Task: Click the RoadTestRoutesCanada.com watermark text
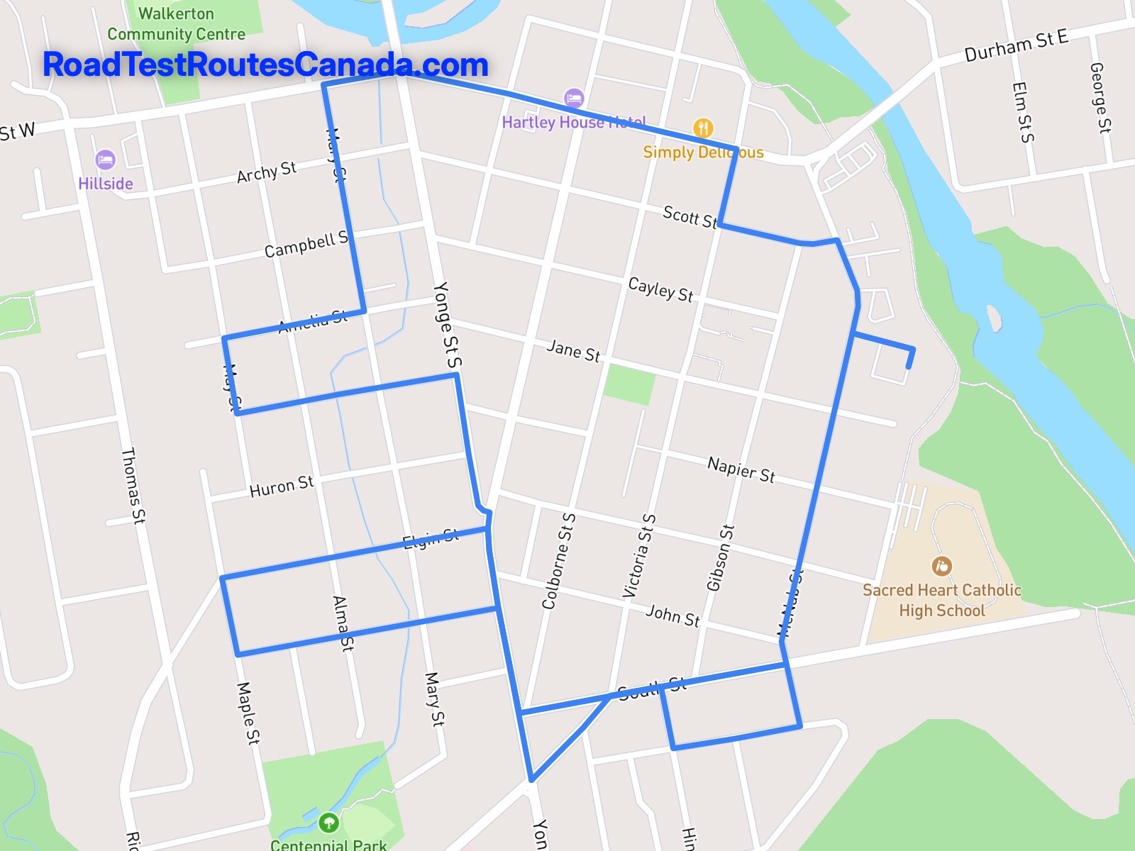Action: coord(265,65)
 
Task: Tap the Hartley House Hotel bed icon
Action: coord(574,98)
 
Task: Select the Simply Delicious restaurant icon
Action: coord(702,128)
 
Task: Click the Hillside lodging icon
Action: coord(105,160)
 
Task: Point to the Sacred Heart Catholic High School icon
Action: coord(941,566)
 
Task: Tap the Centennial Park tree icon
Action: coord(328,823)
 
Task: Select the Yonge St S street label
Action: coord(447,326)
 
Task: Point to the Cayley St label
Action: coord(660,289)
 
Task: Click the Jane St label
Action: coord(573,350)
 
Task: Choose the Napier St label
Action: coord(741,469)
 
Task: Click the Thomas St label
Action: coord(133,486)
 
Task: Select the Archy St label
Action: coord(266,172)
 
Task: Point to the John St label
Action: coord(672,615)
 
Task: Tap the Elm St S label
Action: coord(1022,112)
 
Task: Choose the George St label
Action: coord(1100,98)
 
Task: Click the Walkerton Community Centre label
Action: coord(176,23)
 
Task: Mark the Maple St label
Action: coord(248,713)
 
